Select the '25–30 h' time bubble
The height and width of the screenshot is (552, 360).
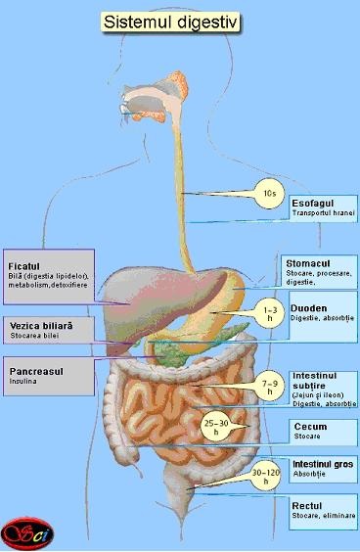(217, 426)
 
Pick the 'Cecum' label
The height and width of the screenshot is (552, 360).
(310, 427)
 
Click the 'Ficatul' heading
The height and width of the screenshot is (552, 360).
(23, 265)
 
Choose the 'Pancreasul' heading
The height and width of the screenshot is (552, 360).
(37, 372)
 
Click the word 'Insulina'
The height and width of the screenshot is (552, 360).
(24, 384)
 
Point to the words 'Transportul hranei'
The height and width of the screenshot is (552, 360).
(323, 212)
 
